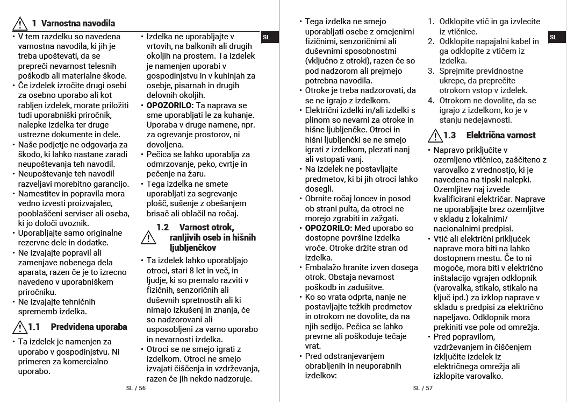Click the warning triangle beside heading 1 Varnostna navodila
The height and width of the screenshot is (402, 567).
click(20, 23)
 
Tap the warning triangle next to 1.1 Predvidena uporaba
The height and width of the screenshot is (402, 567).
click(20, 327)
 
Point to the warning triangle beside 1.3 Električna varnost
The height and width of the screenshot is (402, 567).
click(434, 135)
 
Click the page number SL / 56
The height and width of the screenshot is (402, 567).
click(135, 387)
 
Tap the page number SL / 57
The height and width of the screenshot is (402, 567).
click(423, 387)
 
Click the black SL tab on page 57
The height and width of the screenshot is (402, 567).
click(554, 37)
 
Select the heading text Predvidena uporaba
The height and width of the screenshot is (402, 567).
click(89, 327)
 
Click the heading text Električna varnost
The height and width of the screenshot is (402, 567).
click(493, 135)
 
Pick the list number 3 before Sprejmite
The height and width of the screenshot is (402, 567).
click(431, 71)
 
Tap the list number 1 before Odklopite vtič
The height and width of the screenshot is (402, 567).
click(431, 22)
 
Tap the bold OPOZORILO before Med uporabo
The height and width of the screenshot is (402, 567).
click(328, 228)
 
